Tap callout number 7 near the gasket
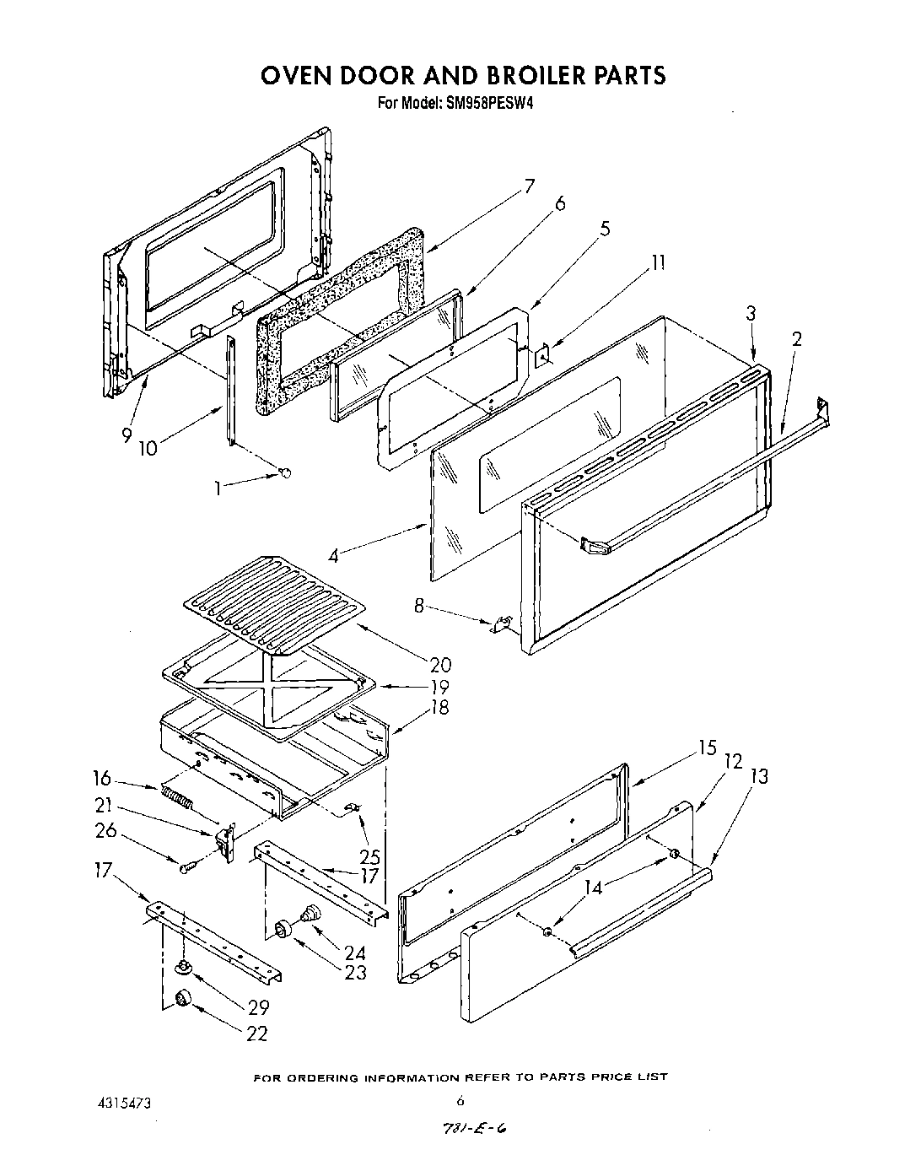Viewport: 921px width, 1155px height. [529, 187]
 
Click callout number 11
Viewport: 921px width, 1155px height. [658, 263]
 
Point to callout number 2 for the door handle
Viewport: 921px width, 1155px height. [797, 339]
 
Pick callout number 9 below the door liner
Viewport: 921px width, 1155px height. [127, 435]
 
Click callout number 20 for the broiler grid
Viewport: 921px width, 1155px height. [439, 665]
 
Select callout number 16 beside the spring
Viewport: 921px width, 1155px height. [102, 777]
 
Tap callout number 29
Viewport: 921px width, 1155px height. [258, 1007]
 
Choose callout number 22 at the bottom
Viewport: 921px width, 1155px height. [257, 1034]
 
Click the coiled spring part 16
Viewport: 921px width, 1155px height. [175, 796]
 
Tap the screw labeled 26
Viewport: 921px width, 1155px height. [186, 866]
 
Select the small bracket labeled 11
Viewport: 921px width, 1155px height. [544, 356]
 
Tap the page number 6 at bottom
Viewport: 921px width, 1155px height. [460, 1100]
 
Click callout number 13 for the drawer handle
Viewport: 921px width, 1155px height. [759, 776]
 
